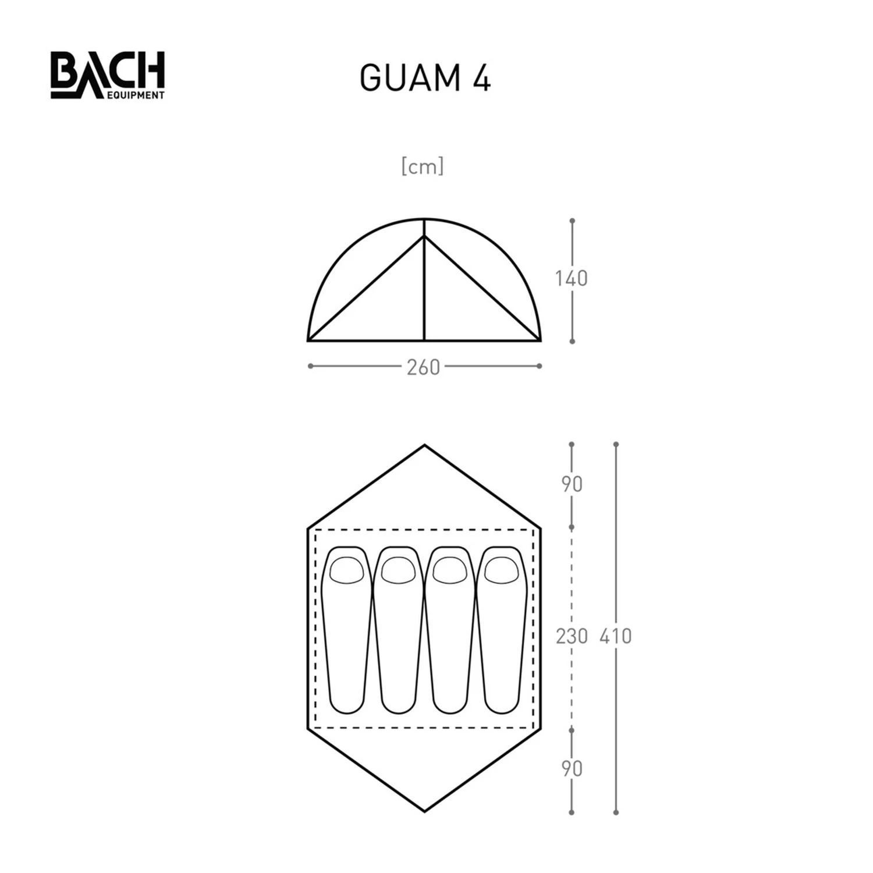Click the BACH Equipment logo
[108, 75]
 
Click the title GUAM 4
[425, 78]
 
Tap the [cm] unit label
[423, 166]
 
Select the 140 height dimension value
[571, 279]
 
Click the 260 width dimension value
[423, 368]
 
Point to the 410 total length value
[615, 636]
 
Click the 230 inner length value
[571, 636]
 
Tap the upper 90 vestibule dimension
[572, 484]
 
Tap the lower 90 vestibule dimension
[572, 769]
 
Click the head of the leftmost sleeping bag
[346, 570]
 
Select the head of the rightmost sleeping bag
[502, 570]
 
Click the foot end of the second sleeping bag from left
[399, 701]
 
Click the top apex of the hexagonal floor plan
[424, 446]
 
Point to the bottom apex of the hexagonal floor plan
[424, 810]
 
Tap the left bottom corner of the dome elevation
[308, 340]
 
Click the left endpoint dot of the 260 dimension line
[310, 366]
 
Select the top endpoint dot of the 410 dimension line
[616, 445]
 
